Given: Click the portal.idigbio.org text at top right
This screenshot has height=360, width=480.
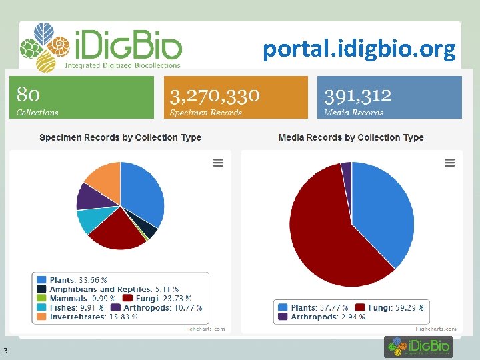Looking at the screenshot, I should click(359, 49).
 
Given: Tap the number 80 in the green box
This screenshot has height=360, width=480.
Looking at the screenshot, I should click(28, 95).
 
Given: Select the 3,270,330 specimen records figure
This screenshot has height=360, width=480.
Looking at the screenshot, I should click(215, 95).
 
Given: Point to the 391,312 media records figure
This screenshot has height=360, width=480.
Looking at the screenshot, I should click(357, 95).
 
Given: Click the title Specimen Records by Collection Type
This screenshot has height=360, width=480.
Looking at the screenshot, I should click(120, 137).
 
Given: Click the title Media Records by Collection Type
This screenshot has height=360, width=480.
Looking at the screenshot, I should click(351, 137).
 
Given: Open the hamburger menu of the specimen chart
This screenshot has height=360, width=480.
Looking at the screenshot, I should click(218, 163).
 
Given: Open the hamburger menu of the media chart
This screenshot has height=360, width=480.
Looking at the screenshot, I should click(449, 163).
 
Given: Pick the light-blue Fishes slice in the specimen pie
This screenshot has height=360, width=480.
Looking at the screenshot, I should click(89, 219).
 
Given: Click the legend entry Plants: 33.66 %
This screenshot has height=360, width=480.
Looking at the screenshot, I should click(72, 280).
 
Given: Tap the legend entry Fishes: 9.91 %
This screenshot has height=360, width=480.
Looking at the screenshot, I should click(70, 308).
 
